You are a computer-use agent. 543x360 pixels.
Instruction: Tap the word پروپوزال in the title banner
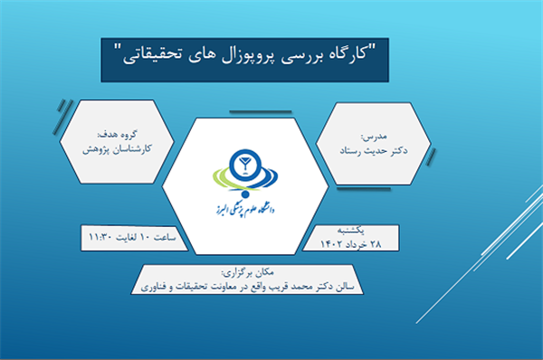point(247,55)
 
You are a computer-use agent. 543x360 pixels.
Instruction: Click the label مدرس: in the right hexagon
point(374,137)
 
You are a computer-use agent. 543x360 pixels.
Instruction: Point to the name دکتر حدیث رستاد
point(373,151)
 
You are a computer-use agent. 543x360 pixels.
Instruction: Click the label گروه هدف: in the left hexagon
point(118,134)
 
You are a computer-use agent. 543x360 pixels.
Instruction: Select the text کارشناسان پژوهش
point(117,149)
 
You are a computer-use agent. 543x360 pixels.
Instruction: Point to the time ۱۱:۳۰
point(100,237)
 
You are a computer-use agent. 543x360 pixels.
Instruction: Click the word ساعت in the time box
point(165,237)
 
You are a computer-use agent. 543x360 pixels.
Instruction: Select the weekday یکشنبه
point(351,230)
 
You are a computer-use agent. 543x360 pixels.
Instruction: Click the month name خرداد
point(356,245)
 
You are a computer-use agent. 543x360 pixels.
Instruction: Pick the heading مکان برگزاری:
point(248,273)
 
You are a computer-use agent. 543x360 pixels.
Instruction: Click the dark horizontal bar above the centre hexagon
point(261,112)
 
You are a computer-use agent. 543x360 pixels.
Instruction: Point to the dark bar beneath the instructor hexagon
point(364,189)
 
